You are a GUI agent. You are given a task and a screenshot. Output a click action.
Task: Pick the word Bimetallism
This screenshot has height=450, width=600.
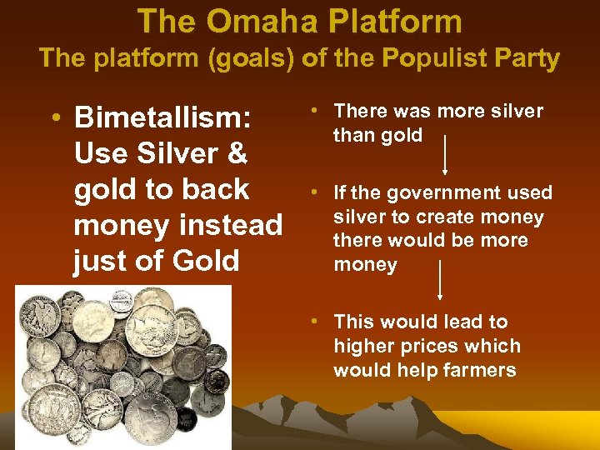(163, 117)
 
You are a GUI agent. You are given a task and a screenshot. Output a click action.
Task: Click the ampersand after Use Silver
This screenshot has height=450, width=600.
(237, 153)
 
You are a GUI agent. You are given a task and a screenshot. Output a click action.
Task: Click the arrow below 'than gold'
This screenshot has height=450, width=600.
(444, 155)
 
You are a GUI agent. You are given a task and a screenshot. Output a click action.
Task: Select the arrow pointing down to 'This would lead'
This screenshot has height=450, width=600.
(440, 279)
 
